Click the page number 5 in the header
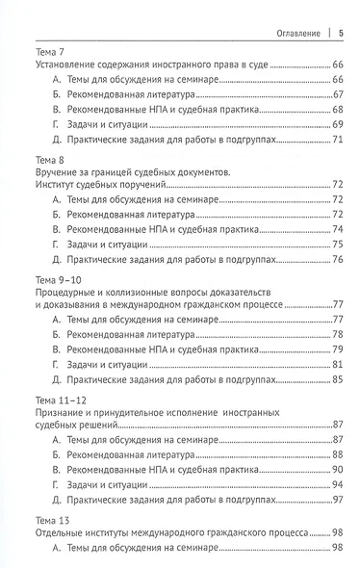[x=342, y=31]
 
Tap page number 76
[x=338, y=262]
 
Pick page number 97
[x=338, y=504]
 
